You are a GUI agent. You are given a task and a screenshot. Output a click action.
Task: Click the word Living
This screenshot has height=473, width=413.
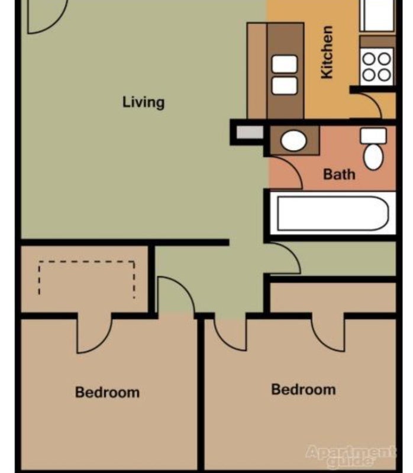[x=143, y=102]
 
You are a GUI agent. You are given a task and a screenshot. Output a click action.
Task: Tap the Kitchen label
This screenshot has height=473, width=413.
[x=327, y=52]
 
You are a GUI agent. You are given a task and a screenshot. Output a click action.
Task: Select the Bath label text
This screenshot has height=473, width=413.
[x=339, y=174]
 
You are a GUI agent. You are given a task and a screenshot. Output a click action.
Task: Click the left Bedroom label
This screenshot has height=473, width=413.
[x=107, y=392]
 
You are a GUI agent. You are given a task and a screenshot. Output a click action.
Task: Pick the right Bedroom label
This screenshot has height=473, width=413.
[x=303, y=390]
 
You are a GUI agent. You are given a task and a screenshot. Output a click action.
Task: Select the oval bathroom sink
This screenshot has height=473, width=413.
[x=293, y=141]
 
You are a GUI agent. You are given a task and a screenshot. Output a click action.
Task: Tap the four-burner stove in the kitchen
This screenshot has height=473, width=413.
[x=377, y=66]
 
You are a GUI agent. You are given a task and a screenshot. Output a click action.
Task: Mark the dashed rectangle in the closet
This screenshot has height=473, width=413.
[x=86, y=278]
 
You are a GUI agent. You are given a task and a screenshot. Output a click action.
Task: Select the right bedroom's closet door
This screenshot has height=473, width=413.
[x=328, y=333]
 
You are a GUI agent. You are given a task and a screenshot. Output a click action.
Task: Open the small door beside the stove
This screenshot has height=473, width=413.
[x=375, y=104]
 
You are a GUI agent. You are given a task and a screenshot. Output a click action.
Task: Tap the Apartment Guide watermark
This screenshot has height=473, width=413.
[x=351, y=455]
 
